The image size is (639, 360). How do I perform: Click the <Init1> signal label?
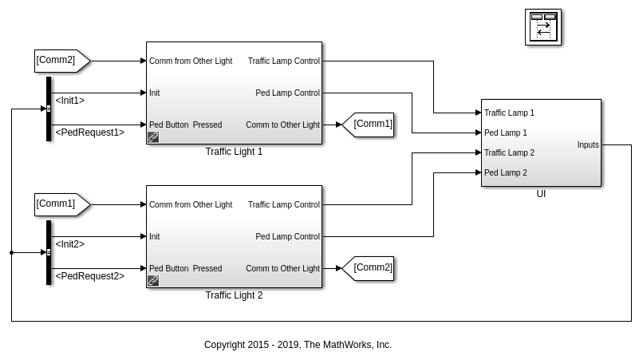[69, 101]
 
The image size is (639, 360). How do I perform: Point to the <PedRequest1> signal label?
[89, 133]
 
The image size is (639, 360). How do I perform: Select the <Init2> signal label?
[69, 244]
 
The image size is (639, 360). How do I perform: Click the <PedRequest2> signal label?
[89, 276]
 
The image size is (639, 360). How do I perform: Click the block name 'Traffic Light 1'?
[234, 152]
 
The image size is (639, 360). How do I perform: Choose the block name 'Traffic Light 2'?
[234, 295]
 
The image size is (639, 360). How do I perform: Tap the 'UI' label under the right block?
[541, 194]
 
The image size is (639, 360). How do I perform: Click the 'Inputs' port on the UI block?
[588, 145]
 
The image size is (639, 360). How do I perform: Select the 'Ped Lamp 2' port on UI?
[505, 172]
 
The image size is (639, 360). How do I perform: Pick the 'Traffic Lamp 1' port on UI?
[509, 113]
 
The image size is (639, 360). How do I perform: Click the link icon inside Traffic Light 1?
[153, 137]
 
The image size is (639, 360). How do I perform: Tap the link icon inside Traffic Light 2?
[153, 281]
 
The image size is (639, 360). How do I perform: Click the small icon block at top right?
[543, 27]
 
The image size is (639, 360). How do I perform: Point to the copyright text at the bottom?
[298, 345]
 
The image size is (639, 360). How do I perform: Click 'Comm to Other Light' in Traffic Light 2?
[282, 268]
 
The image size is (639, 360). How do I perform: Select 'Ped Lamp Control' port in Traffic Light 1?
[287, 93]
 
